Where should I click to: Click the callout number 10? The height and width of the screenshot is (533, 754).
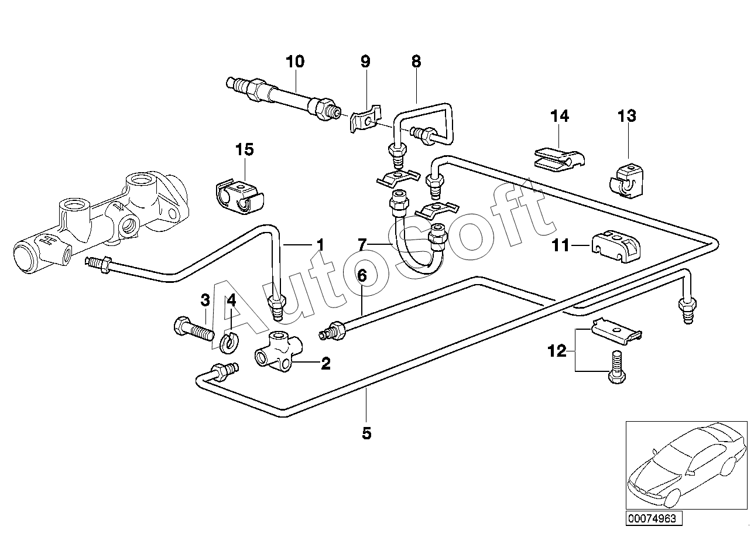[x=295, y=61]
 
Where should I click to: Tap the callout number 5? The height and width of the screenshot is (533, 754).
[x=366, y=433]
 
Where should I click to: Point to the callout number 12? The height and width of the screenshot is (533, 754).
[x=557, y=351]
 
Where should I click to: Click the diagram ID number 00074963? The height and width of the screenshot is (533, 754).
[x=652, y=518]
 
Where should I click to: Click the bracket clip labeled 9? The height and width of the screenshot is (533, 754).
[x=366, y=119]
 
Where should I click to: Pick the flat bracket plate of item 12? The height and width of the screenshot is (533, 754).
[x=616, y=331]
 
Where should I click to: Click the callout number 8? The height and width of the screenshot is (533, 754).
[x=416, y=61]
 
